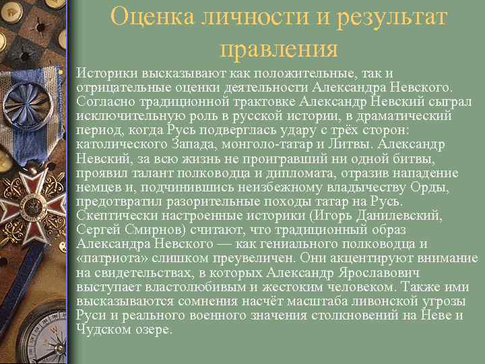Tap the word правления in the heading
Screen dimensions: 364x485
pos(278,48)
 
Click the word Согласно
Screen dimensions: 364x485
pos(104,101)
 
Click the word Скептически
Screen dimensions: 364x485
pos(115,215)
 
